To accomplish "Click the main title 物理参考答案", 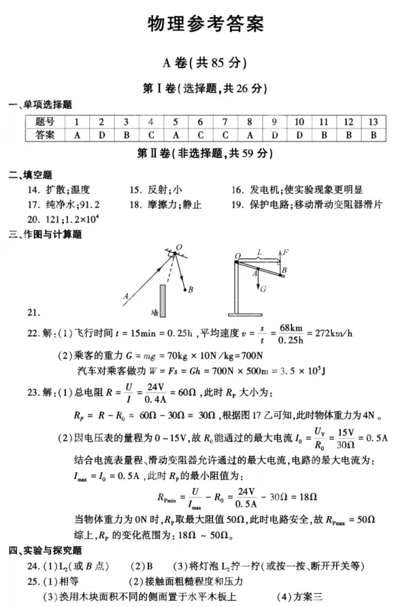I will tap(205, 24).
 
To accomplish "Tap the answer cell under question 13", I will tap(373, 135).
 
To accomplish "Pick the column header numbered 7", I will tap(225, 122).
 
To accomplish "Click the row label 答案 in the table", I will tap(45, 135).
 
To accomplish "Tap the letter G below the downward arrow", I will tap(263, 289).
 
